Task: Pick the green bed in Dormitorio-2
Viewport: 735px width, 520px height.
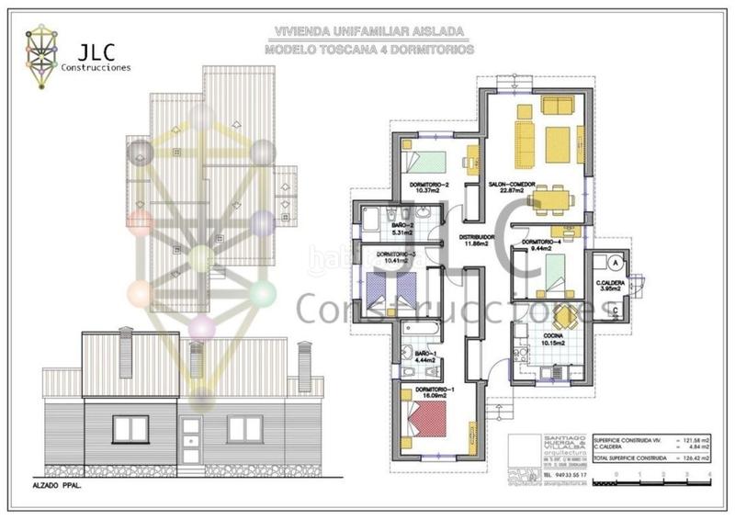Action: [x=427, y=163]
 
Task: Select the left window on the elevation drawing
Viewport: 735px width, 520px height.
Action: [x=130, y=428]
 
